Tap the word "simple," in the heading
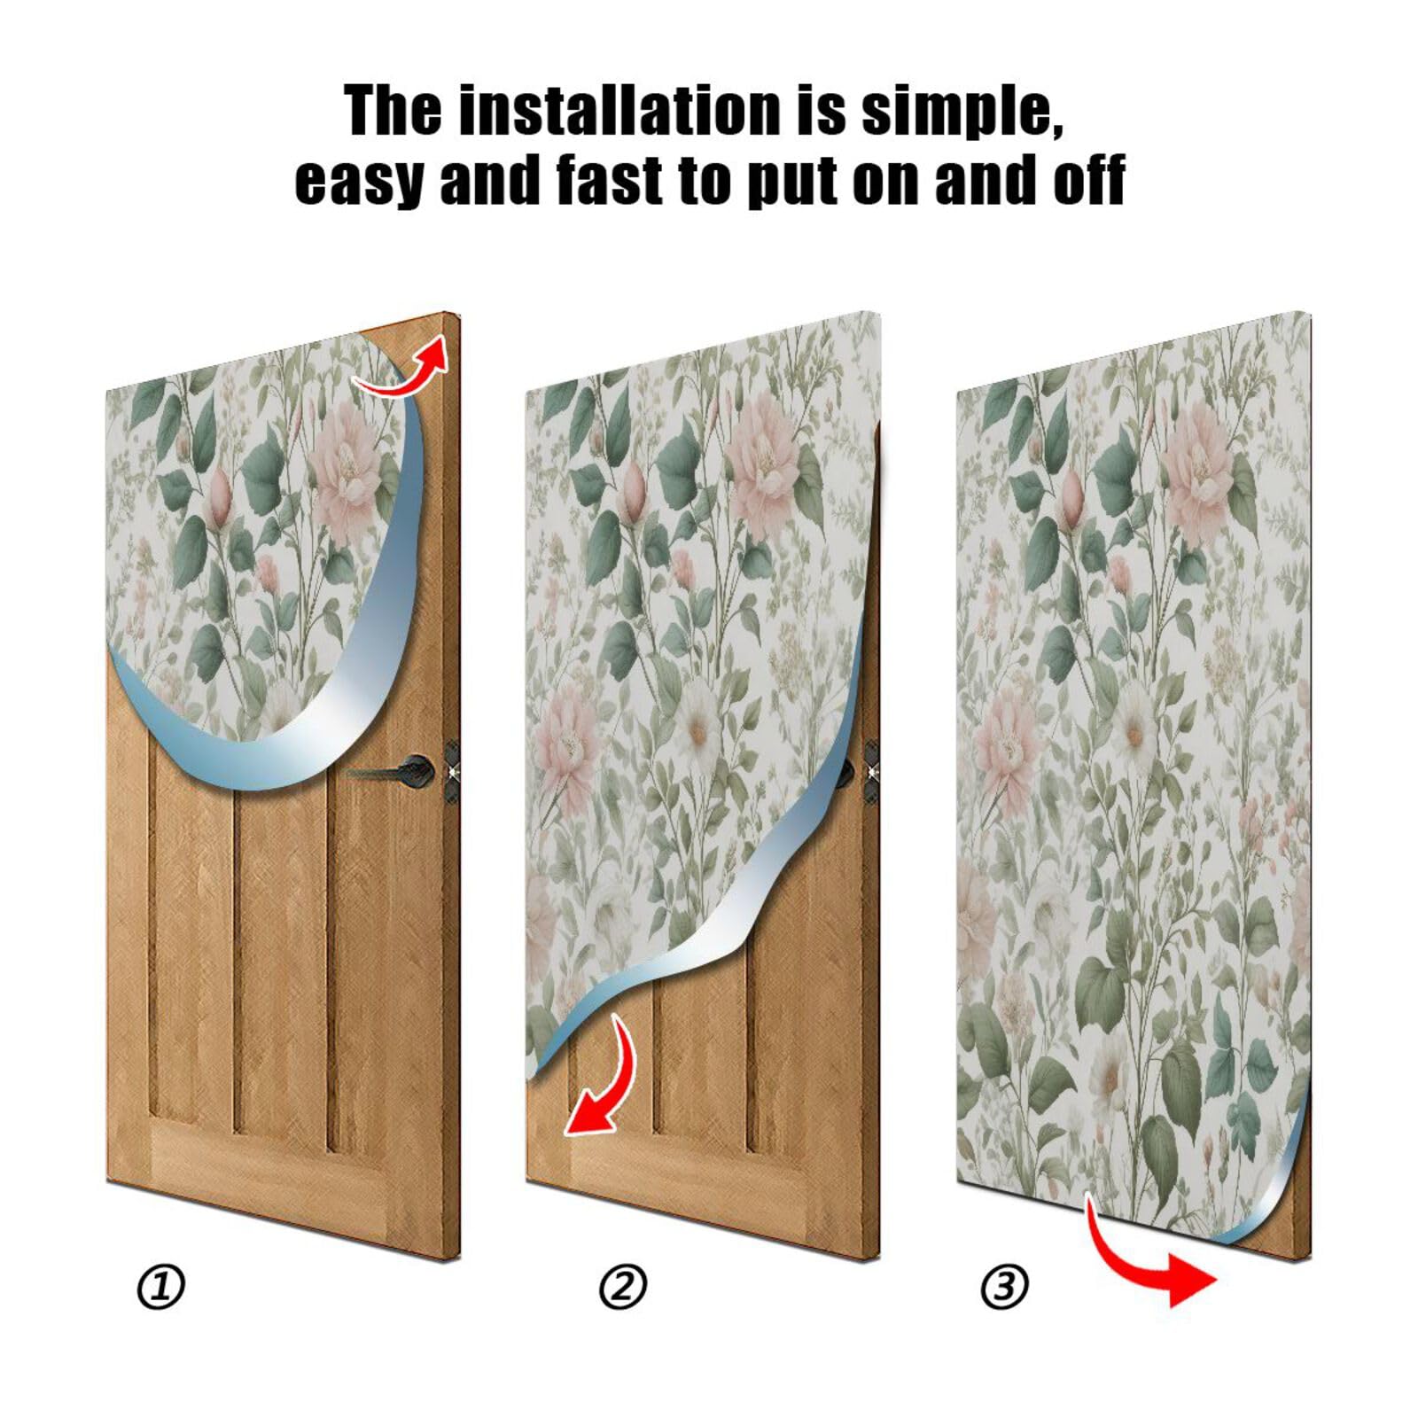(x=962, y=111)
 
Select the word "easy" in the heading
(x=358, y=180)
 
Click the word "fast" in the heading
(x=611, y=180)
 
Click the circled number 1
(x=160, y=1287)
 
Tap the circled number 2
(x=623, y=1287)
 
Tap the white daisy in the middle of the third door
(x=1134, y=731)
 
